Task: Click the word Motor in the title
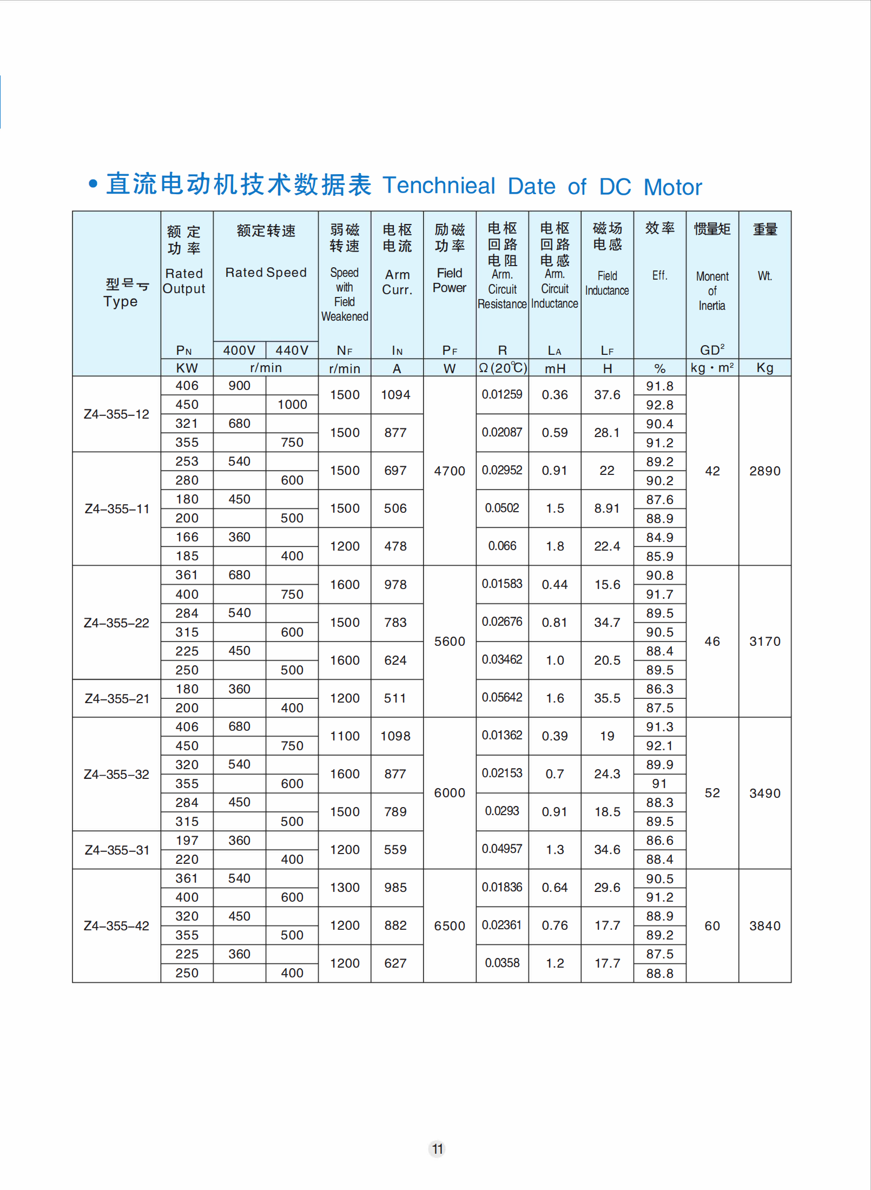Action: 672,187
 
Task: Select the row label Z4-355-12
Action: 116,414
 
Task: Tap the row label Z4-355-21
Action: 117,699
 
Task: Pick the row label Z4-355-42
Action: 116,926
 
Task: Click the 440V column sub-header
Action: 292,351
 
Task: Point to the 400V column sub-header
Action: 239,351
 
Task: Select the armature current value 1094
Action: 395,395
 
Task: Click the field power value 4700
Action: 450,471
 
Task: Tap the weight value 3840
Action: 764,926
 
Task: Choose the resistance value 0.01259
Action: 502,394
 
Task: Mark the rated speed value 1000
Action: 292,405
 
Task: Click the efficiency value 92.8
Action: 659,405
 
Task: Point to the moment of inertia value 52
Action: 712,793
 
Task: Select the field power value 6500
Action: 450,926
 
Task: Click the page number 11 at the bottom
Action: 437,1149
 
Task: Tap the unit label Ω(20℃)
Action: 503,368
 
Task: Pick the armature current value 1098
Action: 395,736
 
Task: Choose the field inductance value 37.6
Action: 607,395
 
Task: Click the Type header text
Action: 121,301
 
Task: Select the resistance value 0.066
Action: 502,546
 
